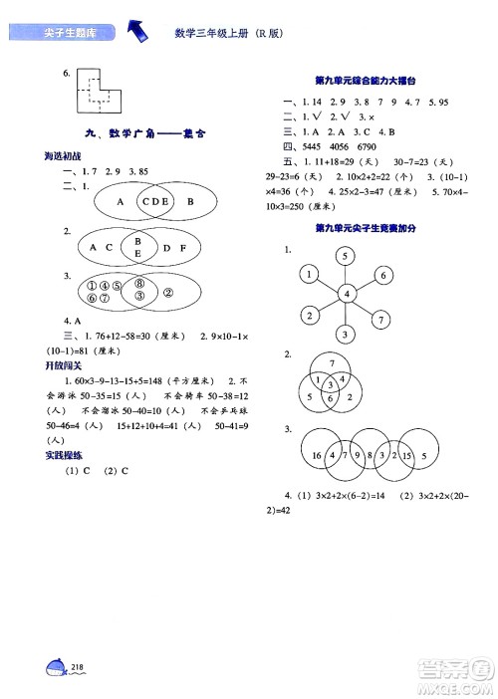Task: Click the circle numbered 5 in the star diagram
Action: click(345, 257)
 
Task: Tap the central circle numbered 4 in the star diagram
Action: click(345, 294)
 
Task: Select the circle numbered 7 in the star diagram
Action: click(380, 320)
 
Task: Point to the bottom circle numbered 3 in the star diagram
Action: click(345, 334)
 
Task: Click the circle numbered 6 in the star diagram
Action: click(380, 274)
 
